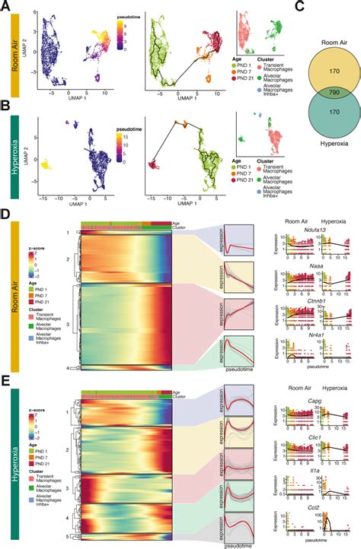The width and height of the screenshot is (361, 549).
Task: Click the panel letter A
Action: (x=5, y=5)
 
